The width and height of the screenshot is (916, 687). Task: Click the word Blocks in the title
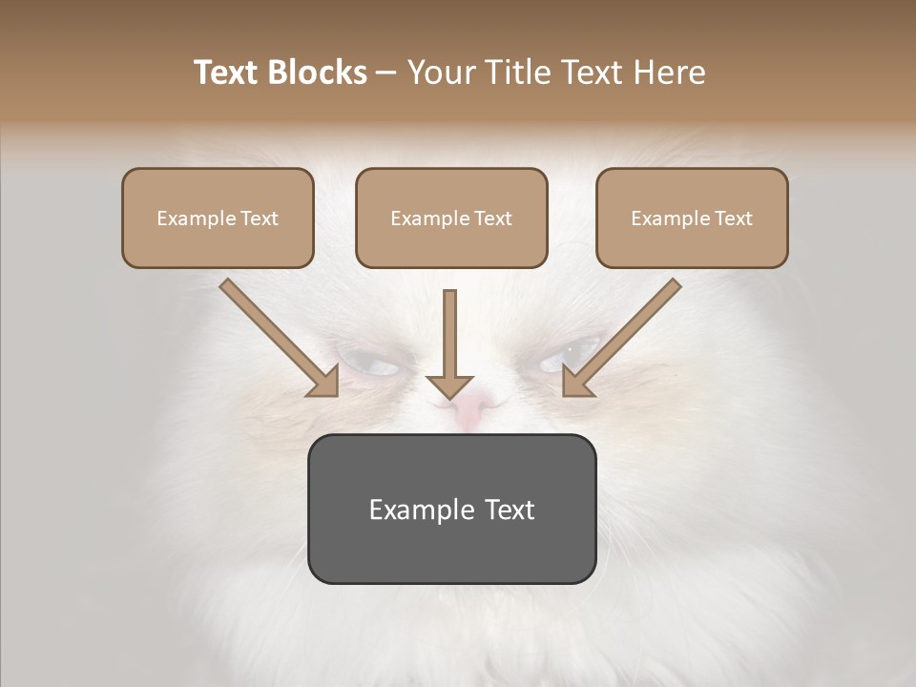(318, 73)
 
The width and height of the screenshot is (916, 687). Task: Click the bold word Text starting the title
(229, 73)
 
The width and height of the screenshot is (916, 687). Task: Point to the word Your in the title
(441, 73)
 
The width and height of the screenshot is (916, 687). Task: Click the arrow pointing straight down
(449, 343)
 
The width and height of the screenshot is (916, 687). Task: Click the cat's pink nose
(469, 410)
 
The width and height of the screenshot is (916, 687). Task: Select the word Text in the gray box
(510, 510)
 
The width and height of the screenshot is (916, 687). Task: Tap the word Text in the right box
(733, 219)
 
